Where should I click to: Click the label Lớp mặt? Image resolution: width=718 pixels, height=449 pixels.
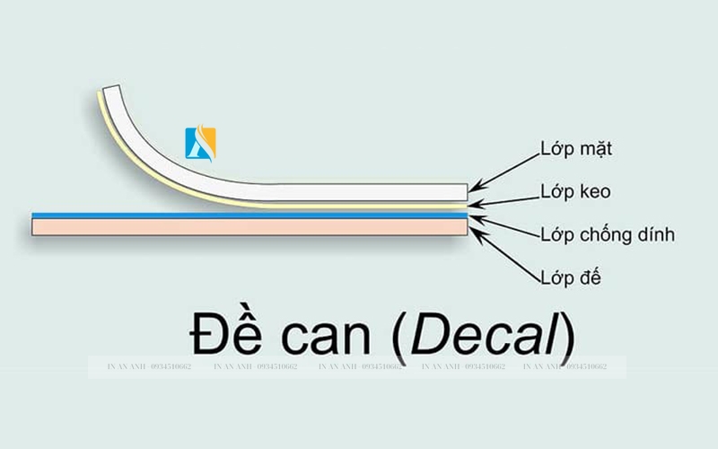576,148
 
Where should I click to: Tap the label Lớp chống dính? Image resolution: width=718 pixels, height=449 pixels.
607,236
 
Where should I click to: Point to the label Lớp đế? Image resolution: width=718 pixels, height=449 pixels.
571,277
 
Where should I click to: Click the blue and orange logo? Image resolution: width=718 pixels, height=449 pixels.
201,142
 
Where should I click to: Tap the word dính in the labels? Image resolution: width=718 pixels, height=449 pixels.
652,236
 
